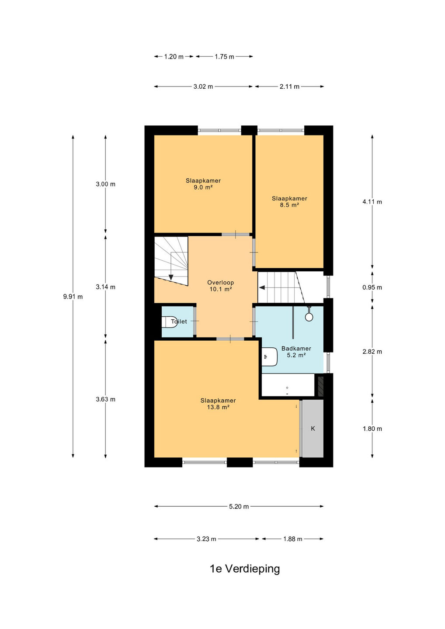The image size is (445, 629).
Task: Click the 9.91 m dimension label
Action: click(73, 297)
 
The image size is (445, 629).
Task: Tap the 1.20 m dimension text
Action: click(174, 57)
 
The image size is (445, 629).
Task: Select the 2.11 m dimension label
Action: click(289, 86)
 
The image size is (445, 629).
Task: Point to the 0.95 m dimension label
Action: click(372, 287)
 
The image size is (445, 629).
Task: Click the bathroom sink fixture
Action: click(269, 356)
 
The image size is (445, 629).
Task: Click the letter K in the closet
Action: click(313, 429)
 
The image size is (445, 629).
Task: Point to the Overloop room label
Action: click(221, 283)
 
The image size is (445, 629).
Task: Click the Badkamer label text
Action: click(296, 349)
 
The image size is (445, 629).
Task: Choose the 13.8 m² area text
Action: click(218, 407)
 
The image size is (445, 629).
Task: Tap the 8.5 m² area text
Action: click(289, 205)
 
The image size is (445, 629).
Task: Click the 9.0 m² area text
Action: click(203, 187)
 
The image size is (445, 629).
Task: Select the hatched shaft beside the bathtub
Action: click(320, 387)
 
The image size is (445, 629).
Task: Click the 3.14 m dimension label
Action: click(106, 287)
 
